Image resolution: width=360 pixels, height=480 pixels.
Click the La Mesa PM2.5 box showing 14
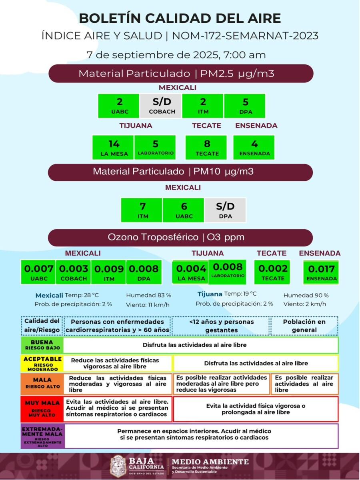[x=113, y=147]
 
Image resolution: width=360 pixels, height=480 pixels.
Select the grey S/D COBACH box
[x=161, y=106]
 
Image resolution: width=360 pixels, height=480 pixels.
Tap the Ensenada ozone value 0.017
[x=322, y=272]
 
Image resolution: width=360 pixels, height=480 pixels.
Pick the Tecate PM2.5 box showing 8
[x=206, y=147]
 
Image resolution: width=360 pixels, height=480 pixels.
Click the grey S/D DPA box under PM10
[x=225, y=210]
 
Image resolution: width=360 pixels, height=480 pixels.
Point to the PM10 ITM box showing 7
[x=142, y=210]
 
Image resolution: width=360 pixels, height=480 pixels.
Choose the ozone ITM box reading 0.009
[x=109, y=272]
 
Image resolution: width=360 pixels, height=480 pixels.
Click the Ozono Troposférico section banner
[x=180, y=237]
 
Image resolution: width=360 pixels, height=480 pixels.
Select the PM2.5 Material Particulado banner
[x=180, y=74]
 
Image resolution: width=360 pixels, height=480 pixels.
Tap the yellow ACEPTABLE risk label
[x=42, y=363]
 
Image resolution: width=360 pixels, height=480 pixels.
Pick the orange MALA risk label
[x=42, y=383]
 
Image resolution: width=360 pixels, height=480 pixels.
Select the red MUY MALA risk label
[x=42, y=408]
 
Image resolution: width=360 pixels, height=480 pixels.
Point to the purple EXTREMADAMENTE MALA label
[x=42, y=436]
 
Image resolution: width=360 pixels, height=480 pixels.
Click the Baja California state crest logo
[x=118, y=466]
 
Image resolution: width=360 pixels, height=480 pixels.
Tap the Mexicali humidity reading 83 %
[x=148, y=295]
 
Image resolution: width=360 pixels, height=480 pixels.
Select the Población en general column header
[x=304, y=326]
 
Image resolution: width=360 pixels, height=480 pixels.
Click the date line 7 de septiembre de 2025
[x=176, y=55]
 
